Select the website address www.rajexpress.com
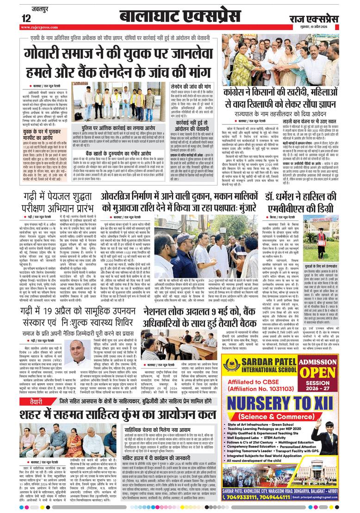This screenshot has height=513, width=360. click(39, 27)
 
